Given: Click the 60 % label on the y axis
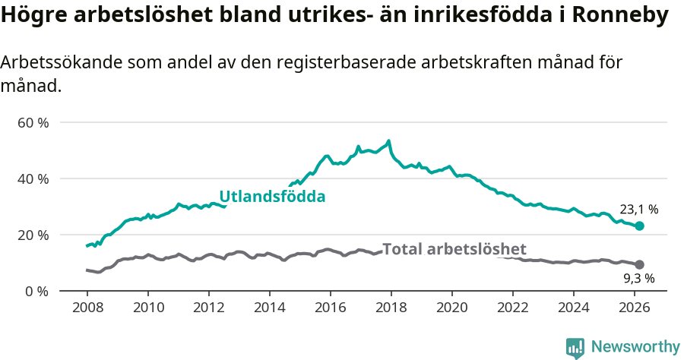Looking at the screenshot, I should tap(33, 122).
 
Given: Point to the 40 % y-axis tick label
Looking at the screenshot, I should tap(33, 178).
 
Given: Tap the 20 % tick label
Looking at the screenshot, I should tap(33, 235).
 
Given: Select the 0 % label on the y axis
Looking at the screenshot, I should tap(36, 291).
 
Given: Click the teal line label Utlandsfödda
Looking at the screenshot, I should tap(272, 197).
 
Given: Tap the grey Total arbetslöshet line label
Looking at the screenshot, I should tap(454, 249).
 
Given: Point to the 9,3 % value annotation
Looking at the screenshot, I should tap(639, 279).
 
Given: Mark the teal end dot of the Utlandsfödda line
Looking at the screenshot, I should tap(640, 226).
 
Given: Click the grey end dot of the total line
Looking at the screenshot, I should tap(640, 264).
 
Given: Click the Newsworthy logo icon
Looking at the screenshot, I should tap(575, 348).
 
